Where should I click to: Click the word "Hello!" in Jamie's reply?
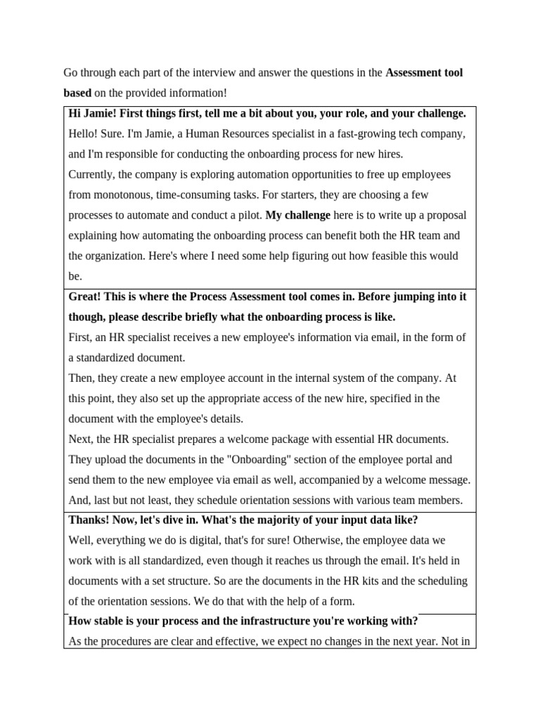[84, 134]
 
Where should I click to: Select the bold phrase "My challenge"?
[297, 215]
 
